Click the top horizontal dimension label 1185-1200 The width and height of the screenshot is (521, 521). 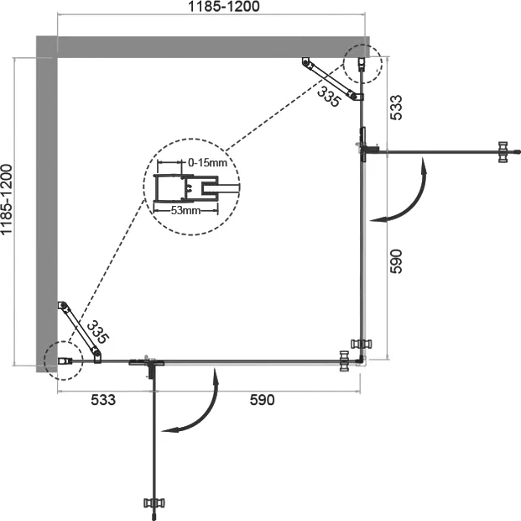click(211, 8)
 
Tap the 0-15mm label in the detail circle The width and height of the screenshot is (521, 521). click(207, 161)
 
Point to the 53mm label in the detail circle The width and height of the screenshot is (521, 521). click(185, 210)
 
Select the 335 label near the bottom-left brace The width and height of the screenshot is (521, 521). click(98, 332)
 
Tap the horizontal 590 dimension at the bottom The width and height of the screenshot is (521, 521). click(261, 400)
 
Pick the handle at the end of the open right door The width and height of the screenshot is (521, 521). click(503, 151)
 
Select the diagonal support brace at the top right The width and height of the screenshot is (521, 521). click(332, 79)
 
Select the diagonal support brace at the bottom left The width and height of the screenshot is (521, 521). click(78, 332)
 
